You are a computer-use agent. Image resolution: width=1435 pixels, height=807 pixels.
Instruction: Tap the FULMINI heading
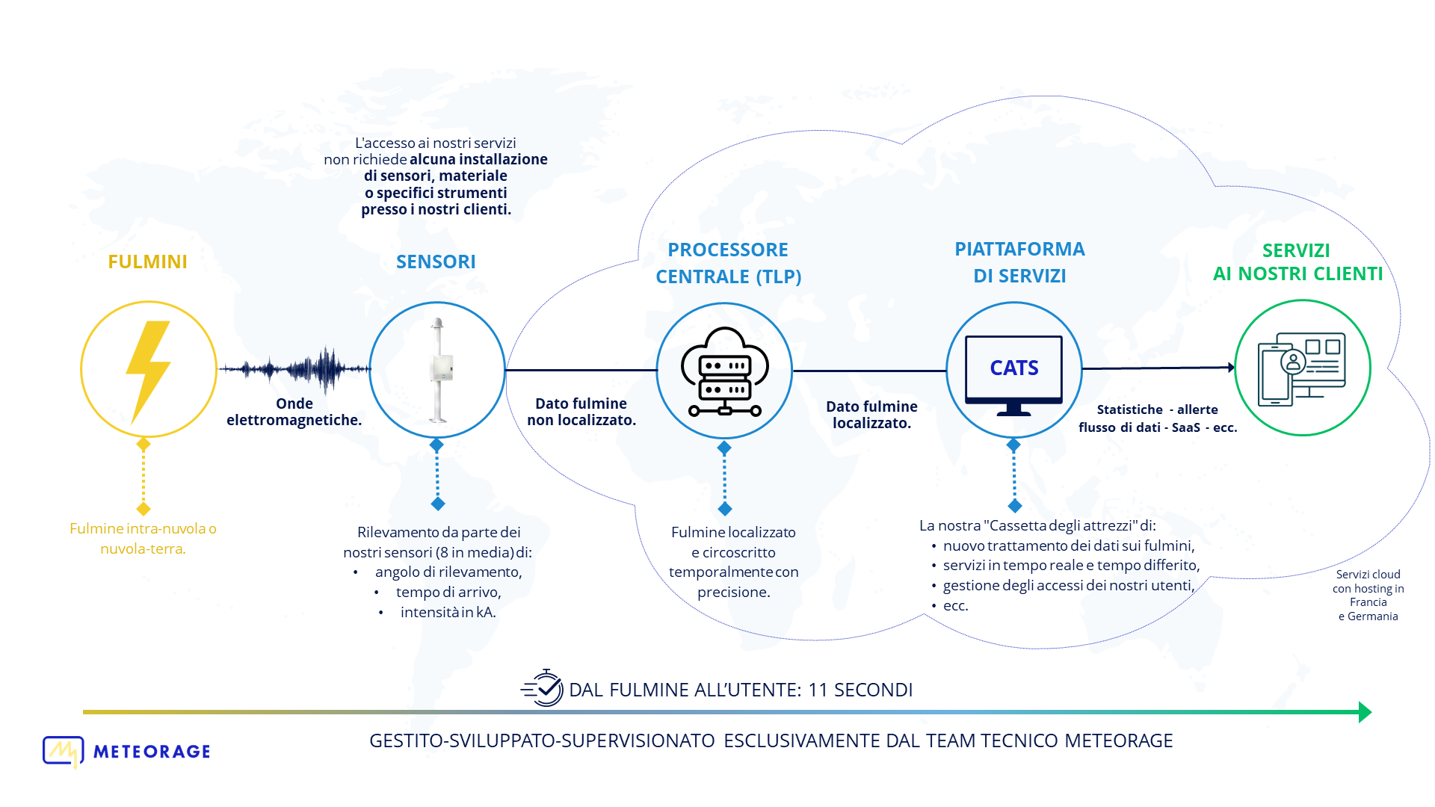147,262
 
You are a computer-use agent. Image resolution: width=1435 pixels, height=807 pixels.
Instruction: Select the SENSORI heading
436,262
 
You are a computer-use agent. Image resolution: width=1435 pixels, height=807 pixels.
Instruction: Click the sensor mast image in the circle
439,370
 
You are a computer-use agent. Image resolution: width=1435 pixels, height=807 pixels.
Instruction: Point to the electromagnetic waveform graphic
294,368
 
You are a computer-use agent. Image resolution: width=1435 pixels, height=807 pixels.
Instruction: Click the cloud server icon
724,371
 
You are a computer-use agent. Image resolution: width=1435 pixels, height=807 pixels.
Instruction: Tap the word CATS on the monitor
1014,368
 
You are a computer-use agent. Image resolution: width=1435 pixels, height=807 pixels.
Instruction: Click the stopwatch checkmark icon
543,688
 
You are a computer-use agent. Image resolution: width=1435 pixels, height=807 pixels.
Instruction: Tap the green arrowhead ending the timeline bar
1365,712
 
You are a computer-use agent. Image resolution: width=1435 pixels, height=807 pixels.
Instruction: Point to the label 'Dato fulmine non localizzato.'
581,412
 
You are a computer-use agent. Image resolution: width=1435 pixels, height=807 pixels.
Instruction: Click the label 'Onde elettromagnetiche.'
294,412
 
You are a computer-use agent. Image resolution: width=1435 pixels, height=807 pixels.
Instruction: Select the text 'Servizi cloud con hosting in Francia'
1368,588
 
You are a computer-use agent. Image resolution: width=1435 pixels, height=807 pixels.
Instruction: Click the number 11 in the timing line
818,690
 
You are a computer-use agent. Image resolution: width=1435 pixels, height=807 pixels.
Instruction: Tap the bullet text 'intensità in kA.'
448,612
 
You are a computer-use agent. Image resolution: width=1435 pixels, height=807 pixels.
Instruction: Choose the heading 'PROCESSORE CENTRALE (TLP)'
729,263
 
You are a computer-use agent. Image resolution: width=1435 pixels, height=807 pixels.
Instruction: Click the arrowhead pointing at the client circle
1231,367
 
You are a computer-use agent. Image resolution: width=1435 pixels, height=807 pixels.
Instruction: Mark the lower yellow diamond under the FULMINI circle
143,509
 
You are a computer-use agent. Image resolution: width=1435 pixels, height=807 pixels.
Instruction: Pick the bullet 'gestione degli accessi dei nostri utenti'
1069,585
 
